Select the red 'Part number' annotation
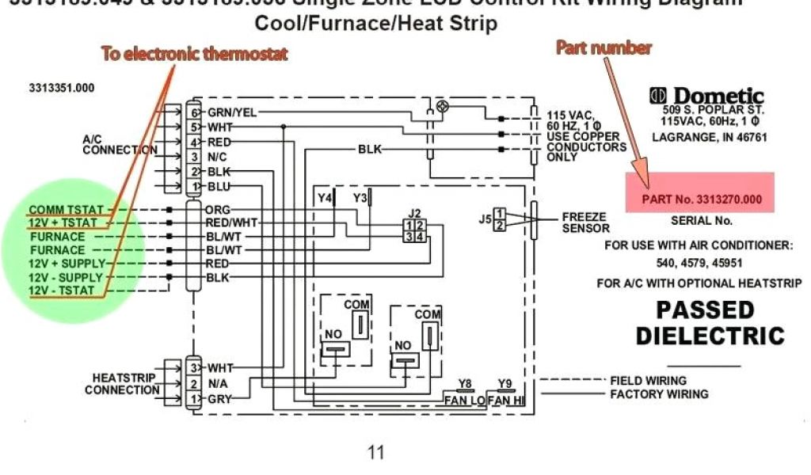pyautogui.click(x=603, y=47)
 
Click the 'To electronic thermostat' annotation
pyautogui.click(x=194, y=54)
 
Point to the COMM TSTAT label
pyautogui.click(x=66, y=209)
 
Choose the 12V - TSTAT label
pyautogui.click(x=61, y=291)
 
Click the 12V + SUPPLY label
pyautogui.click(x=66, y=264)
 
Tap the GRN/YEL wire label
pyautogui.click(x=232, y=112)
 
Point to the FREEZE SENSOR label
pyautogui.click(x=585, y=222)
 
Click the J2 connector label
pyautogui.click(x=414, y=213)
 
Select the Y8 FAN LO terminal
pyautogui.click(x=464, y=393)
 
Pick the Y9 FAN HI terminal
pyautogui.click(x=505, y=393)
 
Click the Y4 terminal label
pyautogui.click(x=325, y=197)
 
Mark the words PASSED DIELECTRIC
pyautogui.click(x=710, y=321)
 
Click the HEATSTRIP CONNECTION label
pyautogui.click(x=122, y=384)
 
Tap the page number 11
pyautogui.click(x=375, y=452)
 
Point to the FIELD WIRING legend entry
pyautogui.click(x=648, y=381)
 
